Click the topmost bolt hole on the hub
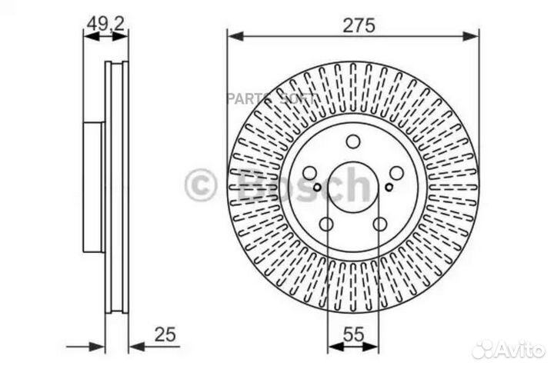353,141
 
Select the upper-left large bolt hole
309,174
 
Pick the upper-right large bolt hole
397,174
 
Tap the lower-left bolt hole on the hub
326,224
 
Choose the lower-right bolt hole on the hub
380,224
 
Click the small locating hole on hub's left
317,185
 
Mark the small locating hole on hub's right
389,185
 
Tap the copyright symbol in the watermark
202,185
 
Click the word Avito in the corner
521,350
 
